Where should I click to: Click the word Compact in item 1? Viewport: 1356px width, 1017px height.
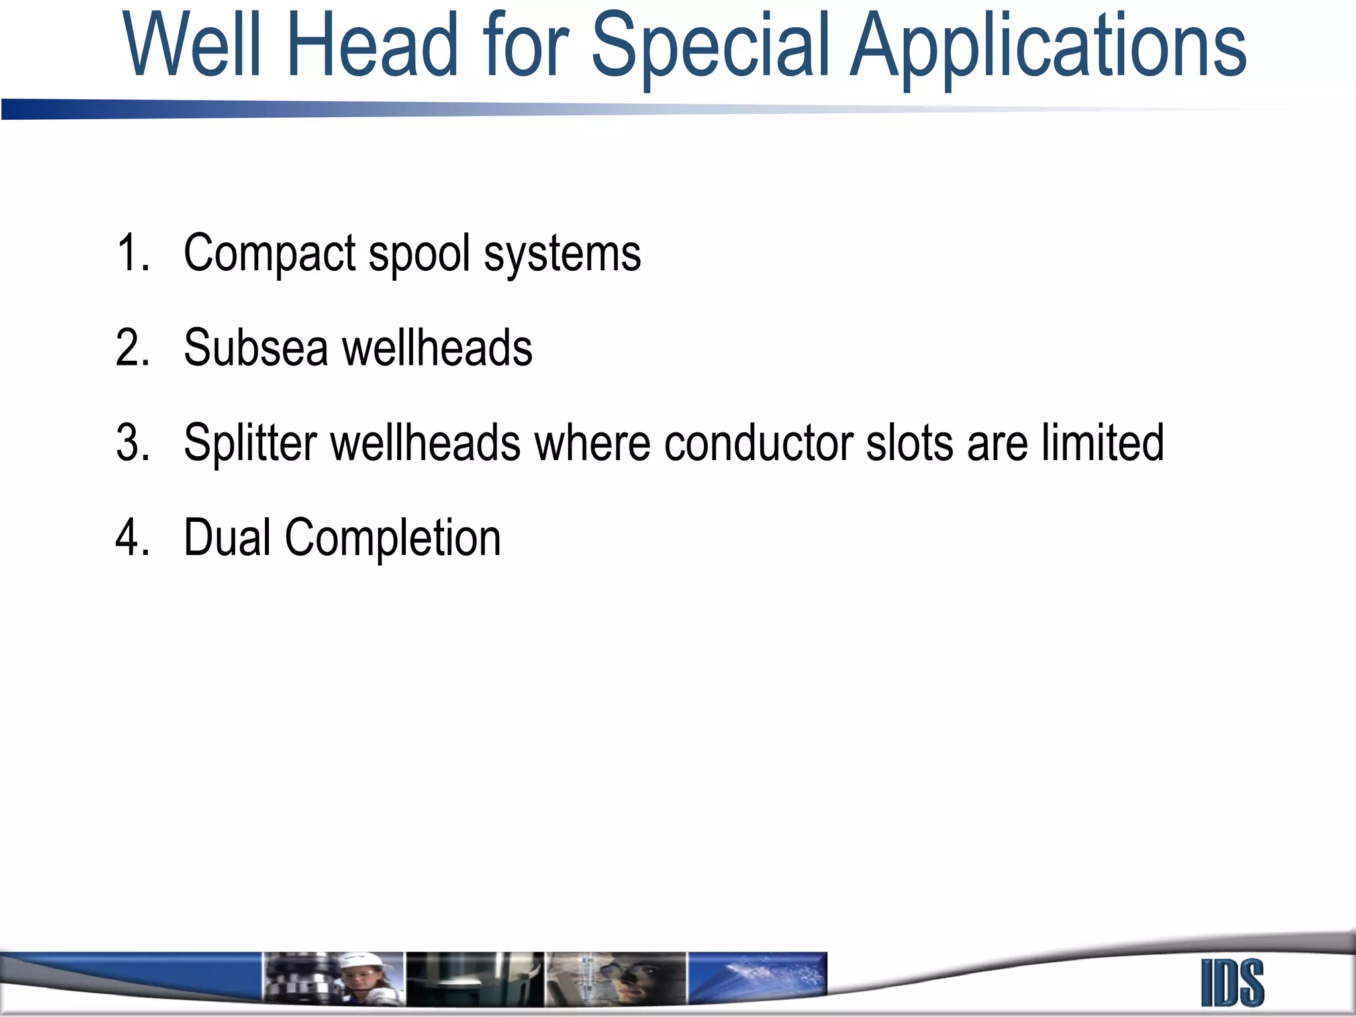coord(270,254)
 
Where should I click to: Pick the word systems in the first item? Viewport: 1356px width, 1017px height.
coord(562,254)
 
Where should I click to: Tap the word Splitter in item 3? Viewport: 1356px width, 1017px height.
coord(250,442)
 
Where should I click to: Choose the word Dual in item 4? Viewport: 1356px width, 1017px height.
coord(227,537)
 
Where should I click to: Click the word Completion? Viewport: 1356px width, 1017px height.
coord(393,538)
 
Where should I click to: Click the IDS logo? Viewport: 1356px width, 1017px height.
coord(1232,983)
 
